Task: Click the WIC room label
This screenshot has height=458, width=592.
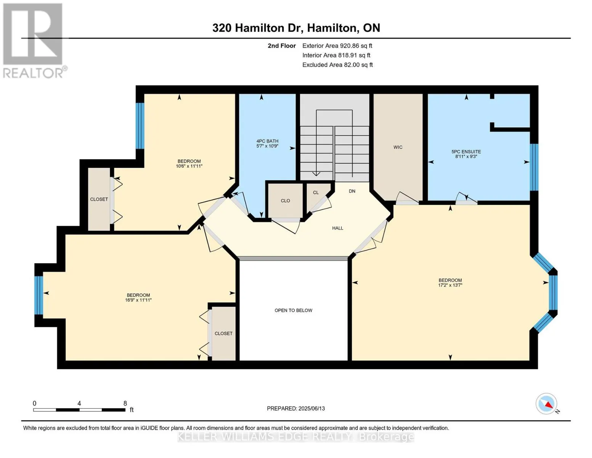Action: tap(398, 147)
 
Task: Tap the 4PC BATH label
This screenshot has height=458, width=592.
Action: tap(267, 141)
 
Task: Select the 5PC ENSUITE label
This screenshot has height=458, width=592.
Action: tap(466, 152)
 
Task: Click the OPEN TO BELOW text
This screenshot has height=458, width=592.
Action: tap(294, 310)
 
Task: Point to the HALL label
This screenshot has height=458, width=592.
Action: tap(337, 228)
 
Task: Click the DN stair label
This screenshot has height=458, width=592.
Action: tap(352, 191)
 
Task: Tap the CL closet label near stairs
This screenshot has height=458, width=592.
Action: tap(316, 193)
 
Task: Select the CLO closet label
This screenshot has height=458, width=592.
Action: tap(285, 201)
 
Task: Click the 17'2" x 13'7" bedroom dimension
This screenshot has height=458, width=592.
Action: tap(450, 285)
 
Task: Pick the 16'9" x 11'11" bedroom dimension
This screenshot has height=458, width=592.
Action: tap(138, 300)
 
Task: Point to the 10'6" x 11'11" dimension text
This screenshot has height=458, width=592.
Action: tap(189, 166)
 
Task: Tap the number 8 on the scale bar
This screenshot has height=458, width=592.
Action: tap(125, 403)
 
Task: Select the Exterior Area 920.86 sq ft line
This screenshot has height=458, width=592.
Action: tap(337, 46)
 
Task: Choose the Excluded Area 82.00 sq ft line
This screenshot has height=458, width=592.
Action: tap(337, 65)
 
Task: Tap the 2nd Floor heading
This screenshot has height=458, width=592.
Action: tap(282, 46)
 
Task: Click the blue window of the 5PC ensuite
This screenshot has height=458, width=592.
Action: tap(534, 167)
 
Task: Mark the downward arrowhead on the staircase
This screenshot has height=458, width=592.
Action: tap(316, 174)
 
